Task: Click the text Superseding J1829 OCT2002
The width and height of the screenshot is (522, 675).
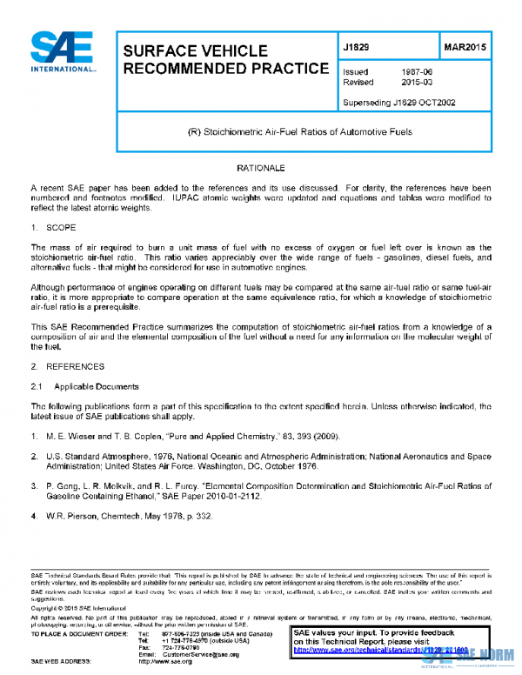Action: (399, 103)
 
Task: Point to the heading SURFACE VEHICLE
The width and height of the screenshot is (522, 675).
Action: (195, 51)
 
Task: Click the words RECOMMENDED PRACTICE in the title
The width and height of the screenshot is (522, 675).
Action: (224, 68)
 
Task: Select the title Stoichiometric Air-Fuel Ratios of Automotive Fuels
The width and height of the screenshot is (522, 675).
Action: (300, 132)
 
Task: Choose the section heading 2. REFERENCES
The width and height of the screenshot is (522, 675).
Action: (66, 367)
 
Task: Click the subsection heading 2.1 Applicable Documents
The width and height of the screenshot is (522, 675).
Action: (84, 384)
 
